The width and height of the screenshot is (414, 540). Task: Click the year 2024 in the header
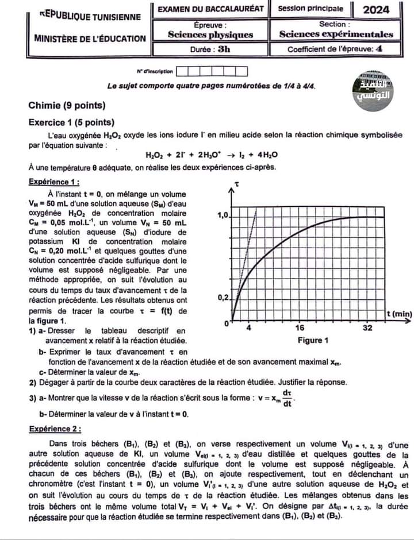377,9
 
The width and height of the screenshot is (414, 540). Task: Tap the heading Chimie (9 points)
67,105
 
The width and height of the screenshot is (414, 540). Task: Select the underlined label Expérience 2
55,429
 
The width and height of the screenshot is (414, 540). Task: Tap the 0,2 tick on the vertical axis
223,298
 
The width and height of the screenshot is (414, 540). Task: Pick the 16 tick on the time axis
300,327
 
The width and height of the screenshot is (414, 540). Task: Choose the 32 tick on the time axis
367,327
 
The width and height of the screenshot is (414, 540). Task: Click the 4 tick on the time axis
248,327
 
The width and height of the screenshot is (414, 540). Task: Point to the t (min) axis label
398,313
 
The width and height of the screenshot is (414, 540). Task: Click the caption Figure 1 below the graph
313,341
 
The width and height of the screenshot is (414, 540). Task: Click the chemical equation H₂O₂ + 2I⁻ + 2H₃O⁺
212,155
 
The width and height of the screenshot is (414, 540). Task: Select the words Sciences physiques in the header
210,34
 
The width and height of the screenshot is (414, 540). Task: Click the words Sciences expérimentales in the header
336,34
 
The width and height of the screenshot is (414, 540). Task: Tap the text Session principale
310,9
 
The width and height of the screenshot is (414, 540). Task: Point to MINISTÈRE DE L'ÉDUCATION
90,38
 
